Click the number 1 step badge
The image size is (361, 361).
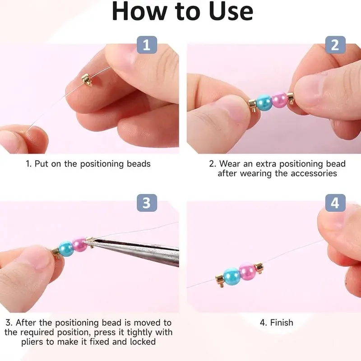pos(147,45)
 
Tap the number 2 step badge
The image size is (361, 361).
pos(335,45)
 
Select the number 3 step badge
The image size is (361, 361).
pos(147,203)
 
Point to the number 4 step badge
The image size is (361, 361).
pos(335,203)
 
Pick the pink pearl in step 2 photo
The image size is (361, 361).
pos(279,100)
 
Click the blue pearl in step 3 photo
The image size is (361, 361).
pos(66,249)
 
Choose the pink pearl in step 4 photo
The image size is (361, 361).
pos(247,271)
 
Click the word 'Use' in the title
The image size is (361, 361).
pos(228,12)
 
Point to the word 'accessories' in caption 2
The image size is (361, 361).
pos(312,173)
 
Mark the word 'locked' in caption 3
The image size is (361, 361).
pos(142,342)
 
